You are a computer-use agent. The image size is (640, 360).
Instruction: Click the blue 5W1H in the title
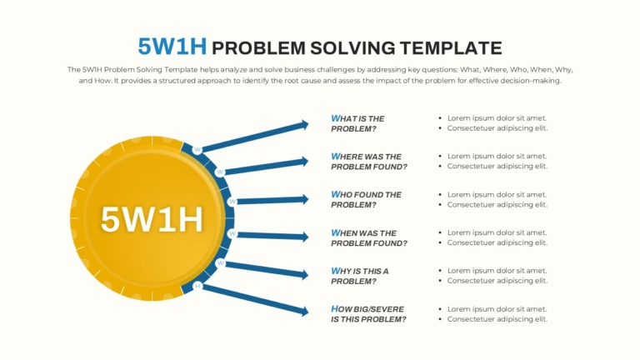click(172, 46)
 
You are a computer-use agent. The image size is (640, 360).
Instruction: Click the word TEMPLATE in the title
click(451, 48)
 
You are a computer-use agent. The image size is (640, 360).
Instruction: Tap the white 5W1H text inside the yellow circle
click(152, 219)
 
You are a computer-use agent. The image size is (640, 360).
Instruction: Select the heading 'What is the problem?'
click(357, 123)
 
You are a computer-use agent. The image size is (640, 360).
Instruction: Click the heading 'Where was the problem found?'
click(369, 161)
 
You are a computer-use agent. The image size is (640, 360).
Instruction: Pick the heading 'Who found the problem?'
click(366, 200)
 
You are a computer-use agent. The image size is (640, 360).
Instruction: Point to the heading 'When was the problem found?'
click(369, 237)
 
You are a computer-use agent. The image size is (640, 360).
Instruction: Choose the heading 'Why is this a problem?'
click(360, 276)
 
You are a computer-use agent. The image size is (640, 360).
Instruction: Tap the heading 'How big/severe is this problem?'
click(368, 314)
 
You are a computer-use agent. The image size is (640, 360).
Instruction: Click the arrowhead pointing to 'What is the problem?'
click(304, 124)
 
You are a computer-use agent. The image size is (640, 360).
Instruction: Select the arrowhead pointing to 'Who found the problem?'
click(304, 199)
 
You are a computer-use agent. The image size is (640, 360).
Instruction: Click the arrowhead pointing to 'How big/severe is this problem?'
click(304, 312)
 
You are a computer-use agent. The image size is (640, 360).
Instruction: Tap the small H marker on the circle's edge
click(197, 286)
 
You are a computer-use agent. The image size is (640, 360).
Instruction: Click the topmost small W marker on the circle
click(197, 150)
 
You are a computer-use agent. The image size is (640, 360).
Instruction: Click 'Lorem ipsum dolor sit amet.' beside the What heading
click(497, 118)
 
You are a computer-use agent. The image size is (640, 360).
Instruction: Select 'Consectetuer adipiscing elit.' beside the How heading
click(497, 319)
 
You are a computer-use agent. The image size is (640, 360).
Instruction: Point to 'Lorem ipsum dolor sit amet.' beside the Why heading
click(497, 271)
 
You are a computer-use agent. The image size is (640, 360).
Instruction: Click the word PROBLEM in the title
click(259, 48)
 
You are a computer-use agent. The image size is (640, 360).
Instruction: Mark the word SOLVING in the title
click(352, 48)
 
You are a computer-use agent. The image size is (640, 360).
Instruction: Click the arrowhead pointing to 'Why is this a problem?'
click(304, 275)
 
